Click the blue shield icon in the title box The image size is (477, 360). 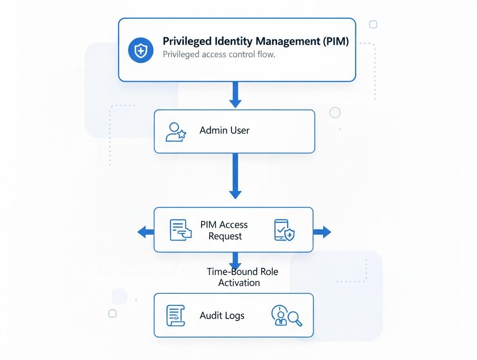(141, 50)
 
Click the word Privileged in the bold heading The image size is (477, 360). (184, 41)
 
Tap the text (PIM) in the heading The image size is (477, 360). (335, 41)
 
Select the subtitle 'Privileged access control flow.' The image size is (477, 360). (219, 54)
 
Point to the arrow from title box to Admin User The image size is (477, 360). (236, 95)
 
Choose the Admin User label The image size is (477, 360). (225, 130)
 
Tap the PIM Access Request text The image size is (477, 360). (225, 231)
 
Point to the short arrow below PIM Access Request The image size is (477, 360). (236, 260)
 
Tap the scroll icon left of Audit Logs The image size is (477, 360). (176, 316)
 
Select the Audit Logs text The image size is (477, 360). (222, 316)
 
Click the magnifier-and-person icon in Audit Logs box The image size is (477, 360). (286, 316)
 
